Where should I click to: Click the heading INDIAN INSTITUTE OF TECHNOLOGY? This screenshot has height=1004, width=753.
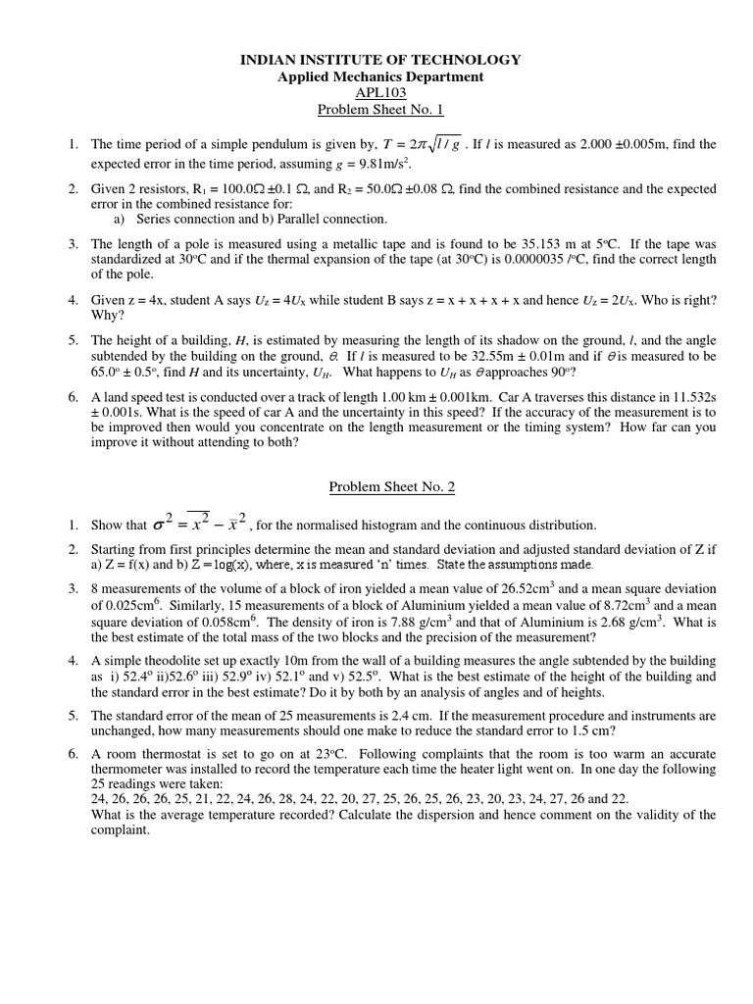pos(380,60)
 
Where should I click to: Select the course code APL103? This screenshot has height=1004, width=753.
pos(380,93)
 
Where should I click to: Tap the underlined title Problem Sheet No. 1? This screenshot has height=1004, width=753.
pos(380,110)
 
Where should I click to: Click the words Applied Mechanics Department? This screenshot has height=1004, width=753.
pos(380,76)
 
